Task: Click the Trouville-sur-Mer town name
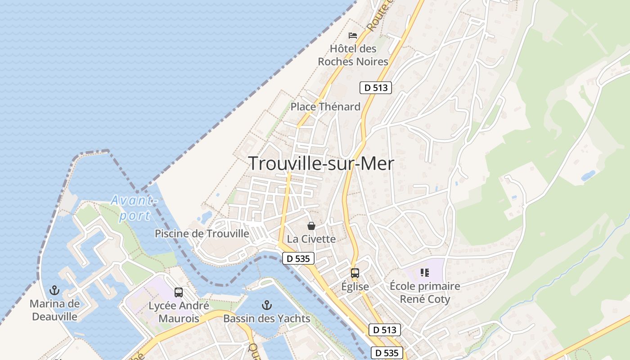pyautogui.click(x=321, y=164)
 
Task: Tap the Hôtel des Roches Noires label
pyautogui.click(x=353, y=55)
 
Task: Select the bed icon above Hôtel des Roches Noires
pyautogui.click(x=353, y=35)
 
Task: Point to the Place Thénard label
pyautogui.click(x=325, y=107)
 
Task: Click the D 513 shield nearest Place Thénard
pyautogui.click(x=376, y=88)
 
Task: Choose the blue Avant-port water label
pyautogui.click(x=135, y=207)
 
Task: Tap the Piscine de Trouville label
pyautogui.click(x=202, y=234)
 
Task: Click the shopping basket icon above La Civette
pyautogui.click(x=311, y=226)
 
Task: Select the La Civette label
pyautogui.click(x=311, y=239)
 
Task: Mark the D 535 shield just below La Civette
pyautogui.click(x=298, y=259)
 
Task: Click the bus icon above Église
pyautogui.click(x=355, y=273)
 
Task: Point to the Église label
pyautogui.click(x=355, y=287)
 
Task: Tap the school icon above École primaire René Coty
pyautogui.click(x=424, y=272)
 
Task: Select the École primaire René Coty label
pyautogui.click(x=425, y=292)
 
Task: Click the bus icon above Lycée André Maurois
pyautogui.click(x=179, y=292)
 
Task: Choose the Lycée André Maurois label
pyautogui.click(x=179, y=312)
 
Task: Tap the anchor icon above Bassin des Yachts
pyautogui.click(x=267, y=306)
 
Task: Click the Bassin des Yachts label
pyautogui.click(x=267, y=319)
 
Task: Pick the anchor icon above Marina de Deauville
pyautogui.click(x=54, y=290)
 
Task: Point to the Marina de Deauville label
pyautogui.click(x=54, y=310)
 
